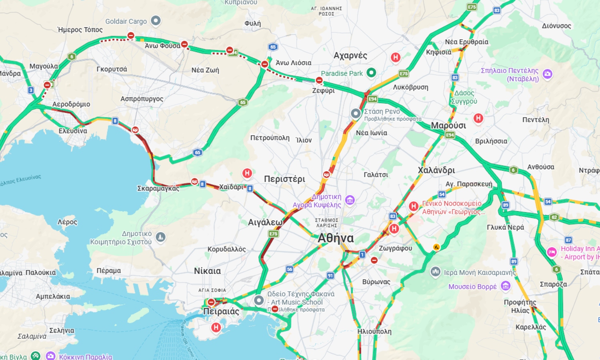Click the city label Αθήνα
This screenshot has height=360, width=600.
(335, 238)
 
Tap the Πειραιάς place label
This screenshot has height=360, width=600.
(221, 312)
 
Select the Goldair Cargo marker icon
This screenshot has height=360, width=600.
(156, 21)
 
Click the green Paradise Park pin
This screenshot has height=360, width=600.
(371, 73)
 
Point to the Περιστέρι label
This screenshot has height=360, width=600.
(284, 179)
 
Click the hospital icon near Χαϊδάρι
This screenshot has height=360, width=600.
(247, 173)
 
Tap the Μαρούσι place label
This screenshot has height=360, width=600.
(448, 126)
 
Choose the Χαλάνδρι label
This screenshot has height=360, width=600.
(436, 170)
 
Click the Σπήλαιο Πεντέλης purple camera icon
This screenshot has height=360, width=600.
(548, 74)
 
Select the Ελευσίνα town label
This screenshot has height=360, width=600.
(73, 131)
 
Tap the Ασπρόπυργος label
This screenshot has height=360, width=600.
(142, 99)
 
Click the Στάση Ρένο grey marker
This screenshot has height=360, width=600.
(356, 114)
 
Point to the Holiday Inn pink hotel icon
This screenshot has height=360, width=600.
(552, 252)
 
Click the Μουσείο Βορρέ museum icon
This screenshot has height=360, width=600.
(506, 286)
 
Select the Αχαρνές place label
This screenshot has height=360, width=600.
(350, 56)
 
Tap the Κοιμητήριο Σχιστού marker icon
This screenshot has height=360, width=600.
(160, 237)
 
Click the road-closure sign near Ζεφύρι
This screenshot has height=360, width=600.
(319, 80)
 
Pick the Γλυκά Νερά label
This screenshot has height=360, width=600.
(505, 227)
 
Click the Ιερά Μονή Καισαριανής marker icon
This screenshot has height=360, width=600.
(436, 272)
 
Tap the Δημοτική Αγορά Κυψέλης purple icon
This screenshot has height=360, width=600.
(350, 200)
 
